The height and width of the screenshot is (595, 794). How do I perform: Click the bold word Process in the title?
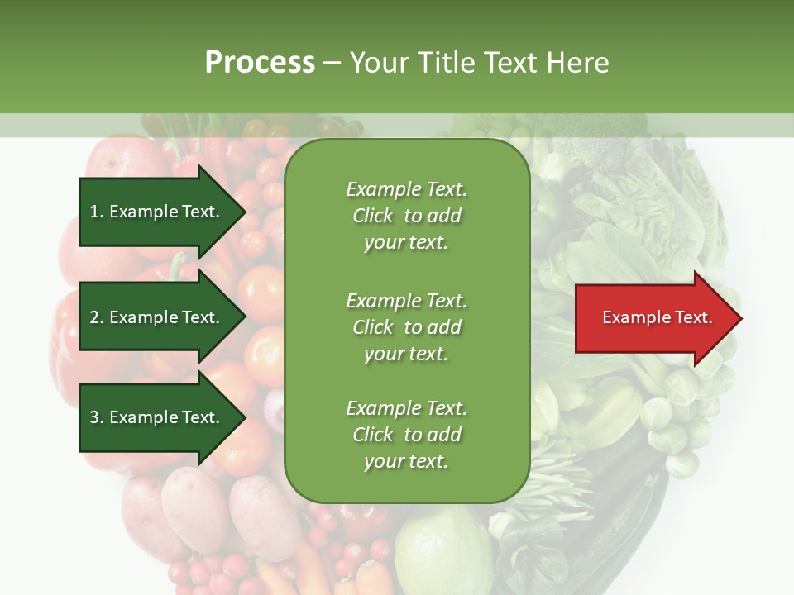(x=260, y=62)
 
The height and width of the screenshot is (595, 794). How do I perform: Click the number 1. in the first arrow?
(x=97, y=212)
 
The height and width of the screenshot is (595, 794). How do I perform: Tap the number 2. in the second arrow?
(x=97, y=317)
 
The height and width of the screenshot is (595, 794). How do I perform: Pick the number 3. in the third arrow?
(x=97, y=417)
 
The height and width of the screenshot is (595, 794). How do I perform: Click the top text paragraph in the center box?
(x=406, y=216)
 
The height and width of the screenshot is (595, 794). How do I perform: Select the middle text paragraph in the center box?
(x=406, y=327)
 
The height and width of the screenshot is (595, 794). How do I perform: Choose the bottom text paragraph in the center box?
(x=406, y=435)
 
